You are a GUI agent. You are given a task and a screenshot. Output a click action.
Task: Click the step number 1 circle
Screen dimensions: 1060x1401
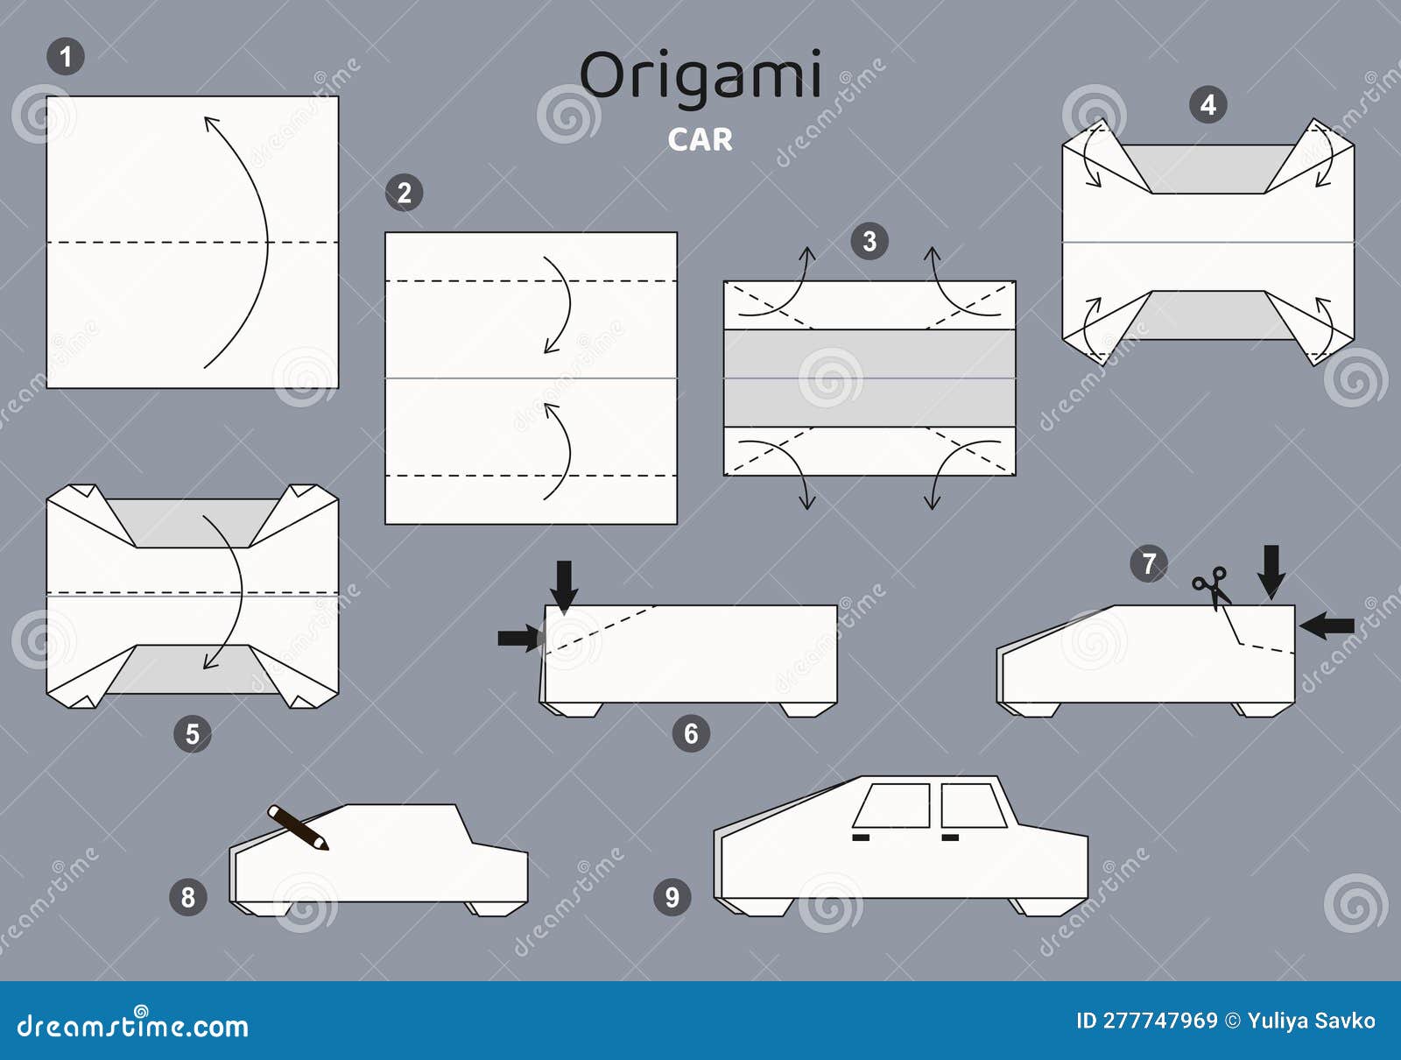tap(65, 58)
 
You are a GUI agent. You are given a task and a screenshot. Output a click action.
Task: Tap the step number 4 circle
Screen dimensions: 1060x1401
tap(1207, 105)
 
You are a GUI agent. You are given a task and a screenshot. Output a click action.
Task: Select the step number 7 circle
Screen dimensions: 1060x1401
tap(1149, 563)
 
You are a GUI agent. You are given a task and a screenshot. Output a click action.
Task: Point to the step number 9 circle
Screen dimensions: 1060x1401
tap(672, 897)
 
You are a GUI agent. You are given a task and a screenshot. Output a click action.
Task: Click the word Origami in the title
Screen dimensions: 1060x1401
tap(700, 75)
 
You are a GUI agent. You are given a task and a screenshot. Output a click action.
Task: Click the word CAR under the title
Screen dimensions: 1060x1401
tap(700, 140)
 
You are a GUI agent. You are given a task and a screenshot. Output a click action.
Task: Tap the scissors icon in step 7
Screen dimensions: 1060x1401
tap(1211, 586)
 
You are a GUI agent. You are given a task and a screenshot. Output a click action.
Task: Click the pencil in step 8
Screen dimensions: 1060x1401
tap(298, 827)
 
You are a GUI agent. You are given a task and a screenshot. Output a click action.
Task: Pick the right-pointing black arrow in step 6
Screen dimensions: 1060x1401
tap(518, 638)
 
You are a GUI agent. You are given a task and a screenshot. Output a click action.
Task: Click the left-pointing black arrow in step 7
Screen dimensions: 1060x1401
tap(1327, 625)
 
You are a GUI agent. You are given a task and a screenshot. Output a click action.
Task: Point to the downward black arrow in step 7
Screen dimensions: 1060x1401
tap(1271, 571)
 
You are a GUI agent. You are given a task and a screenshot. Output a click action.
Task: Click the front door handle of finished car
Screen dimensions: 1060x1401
tap(861, 838)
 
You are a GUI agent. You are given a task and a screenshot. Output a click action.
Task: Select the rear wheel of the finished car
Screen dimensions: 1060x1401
tap(1042, 907)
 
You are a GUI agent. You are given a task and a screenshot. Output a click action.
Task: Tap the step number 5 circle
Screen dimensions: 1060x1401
tap(192, 733)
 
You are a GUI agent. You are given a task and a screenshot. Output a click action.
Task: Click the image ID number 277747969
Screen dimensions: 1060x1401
tap(1159, 1021)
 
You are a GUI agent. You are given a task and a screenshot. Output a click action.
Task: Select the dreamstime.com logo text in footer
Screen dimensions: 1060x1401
tap(133, 1025)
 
